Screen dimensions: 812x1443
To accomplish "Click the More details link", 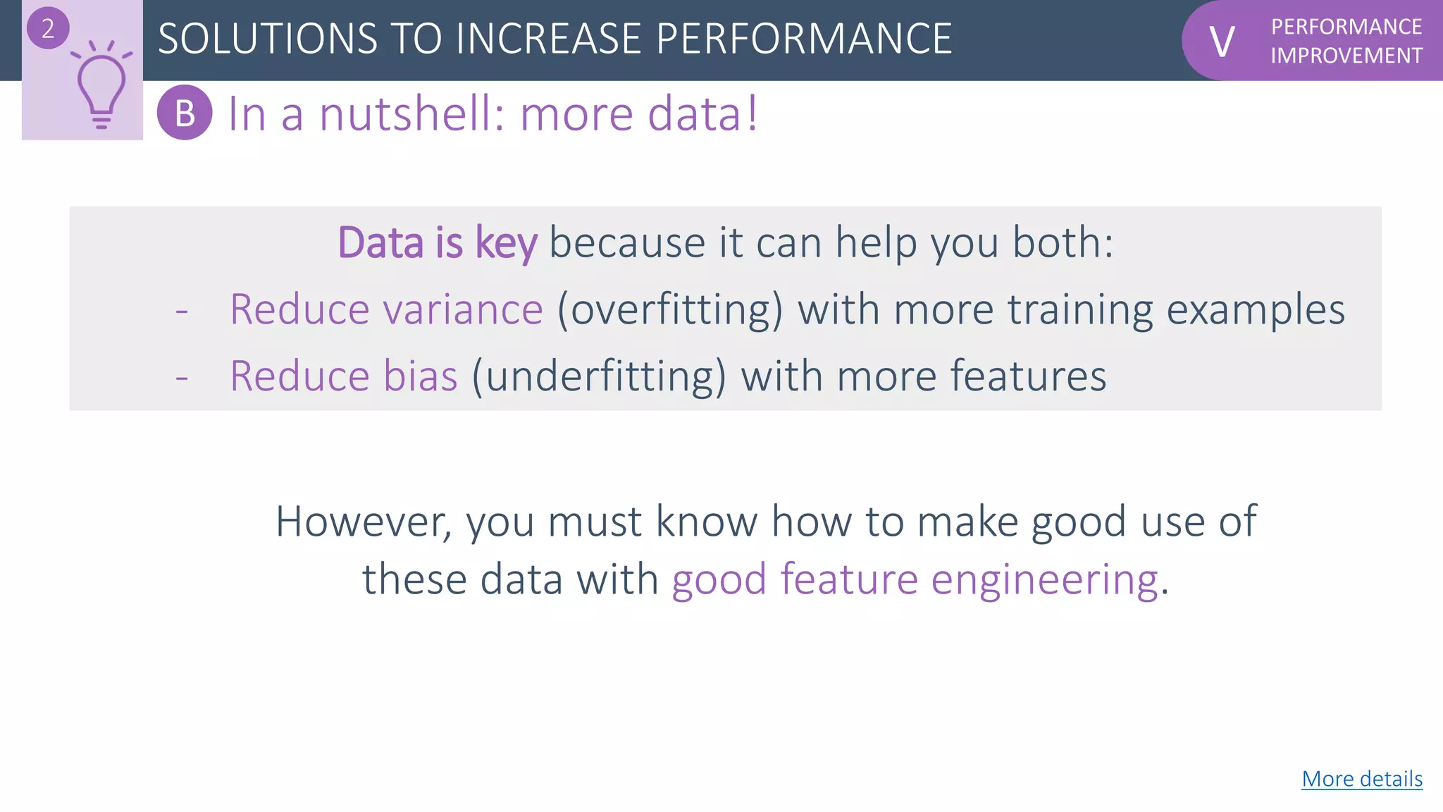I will [1361, 779].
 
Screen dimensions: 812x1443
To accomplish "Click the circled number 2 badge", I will [47, 28].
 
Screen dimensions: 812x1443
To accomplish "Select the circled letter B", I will [185, 113].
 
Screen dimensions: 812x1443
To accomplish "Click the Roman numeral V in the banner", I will [1222, 42].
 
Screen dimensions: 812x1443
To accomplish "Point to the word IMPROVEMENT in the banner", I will [1346, 56].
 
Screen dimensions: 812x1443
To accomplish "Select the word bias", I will [421, 376].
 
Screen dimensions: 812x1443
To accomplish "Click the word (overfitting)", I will [669, 309].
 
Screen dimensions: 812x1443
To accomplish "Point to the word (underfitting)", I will [598, 376].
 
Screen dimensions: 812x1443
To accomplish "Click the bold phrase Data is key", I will [437, 243].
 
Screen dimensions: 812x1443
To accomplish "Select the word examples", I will [1255, 309].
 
